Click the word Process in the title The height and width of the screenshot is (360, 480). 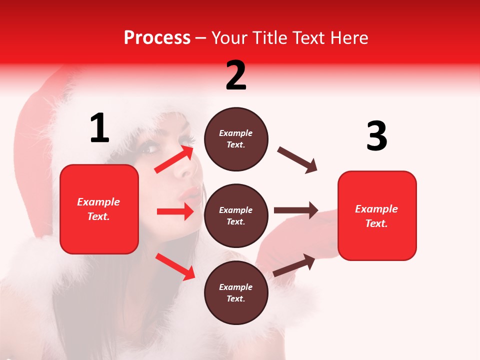[x=157, y=37]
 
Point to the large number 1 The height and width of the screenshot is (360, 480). [x=99, y=128]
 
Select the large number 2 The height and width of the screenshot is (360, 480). [x=236, y=75]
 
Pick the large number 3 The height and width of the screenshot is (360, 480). [x=376, y=136]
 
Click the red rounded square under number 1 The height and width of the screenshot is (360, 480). [x=99, y=209]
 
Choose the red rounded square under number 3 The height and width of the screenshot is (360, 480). [x=377, y=215]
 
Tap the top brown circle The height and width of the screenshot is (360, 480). [x=236, y=139]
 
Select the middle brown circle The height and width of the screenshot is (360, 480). [x=236, y=215]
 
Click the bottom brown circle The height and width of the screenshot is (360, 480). [x=236, y=292]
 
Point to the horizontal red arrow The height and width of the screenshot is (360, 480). [x=175, y=211]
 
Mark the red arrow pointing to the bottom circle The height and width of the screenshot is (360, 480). [x=175, y=266]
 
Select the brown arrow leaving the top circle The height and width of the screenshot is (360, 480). [x=297, y=160]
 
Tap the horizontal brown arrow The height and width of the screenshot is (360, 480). [x=295, y=210]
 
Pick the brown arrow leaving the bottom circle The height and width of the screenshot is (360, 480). [x=294, y=265]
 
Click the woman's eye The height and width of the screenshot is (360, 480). [x=149, y=148]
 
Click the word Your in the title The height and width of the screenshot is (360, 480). [x=230, y=37]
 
